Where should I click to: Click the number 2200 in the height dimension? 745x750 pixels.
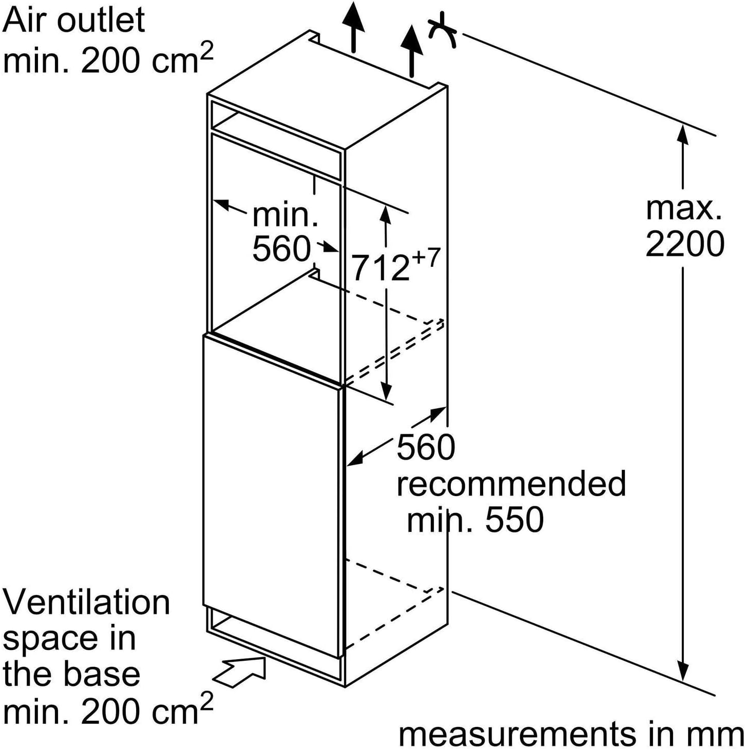[x=684, y=244]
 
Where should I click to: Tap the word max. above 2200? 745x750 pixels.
[x=683, y=208]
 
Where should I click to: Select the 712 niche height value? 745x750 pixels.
[x=381, y=268]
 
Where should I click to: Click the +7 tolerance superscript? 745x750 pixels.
[x=426, y=259]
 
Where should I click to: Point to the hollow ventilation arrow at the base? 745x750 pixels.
[x=239, y=672]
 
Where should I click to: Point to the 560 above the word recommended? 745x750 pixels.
[x=426, y=446]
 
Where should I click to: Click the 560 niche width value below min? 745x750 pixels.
[x=282, y=249]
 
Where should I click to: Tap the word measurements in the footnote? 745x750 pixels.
[x=518, y=734]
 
